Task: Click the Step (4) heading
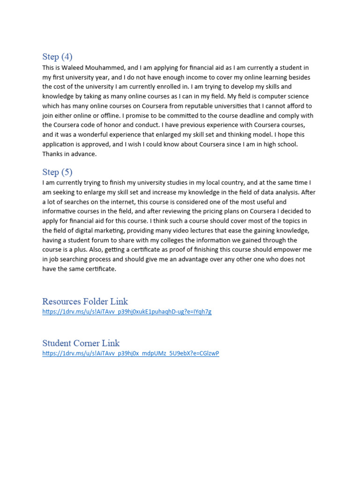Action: click(x=57, y=57)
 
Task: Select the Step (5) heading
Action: click(x=57, y=172)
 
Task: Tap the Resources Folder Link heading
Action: click(x=85, y=301)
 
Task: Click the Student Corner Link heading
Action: click(x=81, y=343)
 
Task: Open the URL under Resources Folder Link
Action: click(x=127, y=312)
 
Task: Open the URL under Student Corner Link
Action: click(x=130, y=353)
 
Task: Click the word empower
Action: click(x=289, y=250)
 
